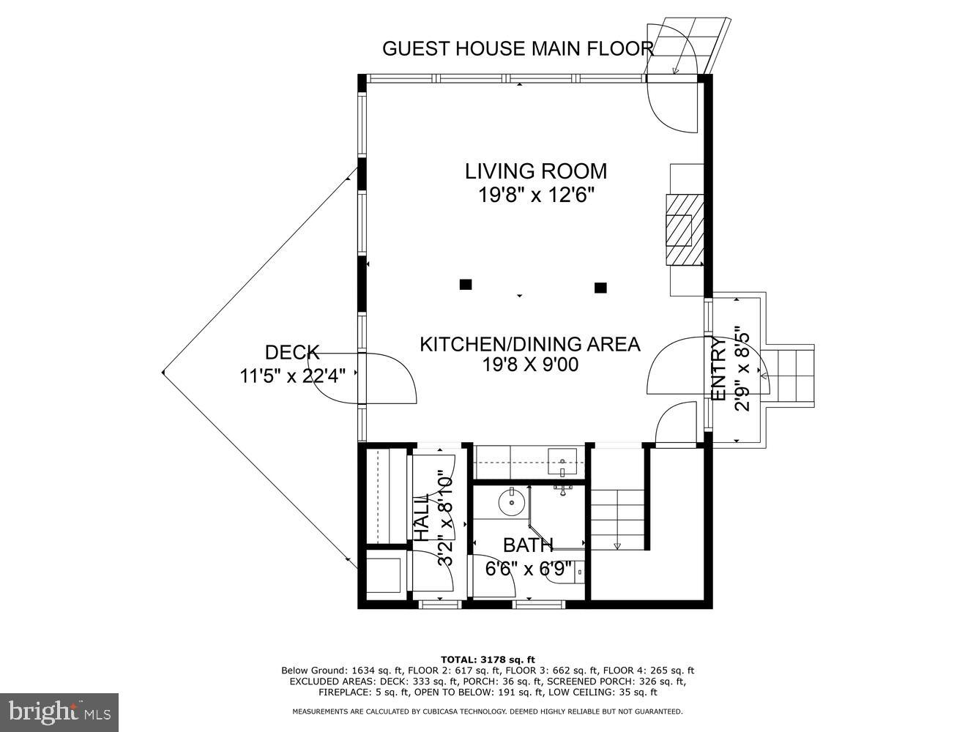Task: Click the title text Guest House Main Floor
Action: click(x=517, y=48)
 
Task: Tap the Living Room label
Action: click(x=536, y=171)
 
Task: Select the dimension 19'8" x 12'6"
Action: click(x=536, y=195)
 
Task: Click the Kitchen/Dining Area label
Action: click(x=529, y=344)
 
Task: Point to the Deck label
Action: click(x=292, y=353)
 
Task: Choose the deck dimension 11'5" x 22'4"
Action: click(x=293, y=376)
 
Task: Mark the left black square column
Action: click(x=465, y=285)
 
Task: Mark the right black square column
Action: click(x=600, y=288)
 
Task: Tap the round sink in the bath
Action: click(x=510, y=503)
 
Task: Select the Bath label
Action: click(x=528, y=545)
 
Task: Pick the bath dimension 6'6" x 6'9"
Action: click(x=528, y=569)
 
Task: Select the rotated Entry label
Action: click(x=719, y=370)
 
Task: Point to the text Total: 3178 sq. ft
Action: click(x=488, y=660)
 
